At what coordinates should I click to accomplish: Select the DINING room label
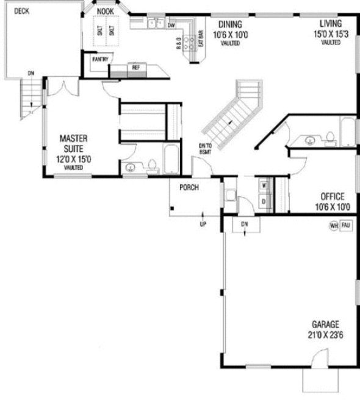(227, 24)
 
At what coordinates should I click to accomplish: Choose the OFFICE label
(333, 197)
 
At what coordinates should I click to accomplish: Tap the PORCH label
(188, 188)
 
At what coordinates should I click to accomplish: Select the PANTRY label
(100, 60)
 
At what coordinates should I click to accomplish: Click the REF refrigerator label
(135, 67)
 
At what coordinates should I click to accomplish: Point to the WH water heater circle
(334, 226)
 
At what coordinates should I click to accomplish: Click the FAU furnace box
(346, 226)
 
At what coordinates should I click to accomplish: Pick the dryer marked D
(264, 201)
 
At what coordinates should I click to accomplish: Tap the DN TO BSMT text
(205, 148)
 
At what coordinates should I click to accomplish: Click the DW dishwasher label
(171, 25)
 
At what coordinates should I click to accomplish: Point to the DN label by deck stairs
(31, 74)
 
